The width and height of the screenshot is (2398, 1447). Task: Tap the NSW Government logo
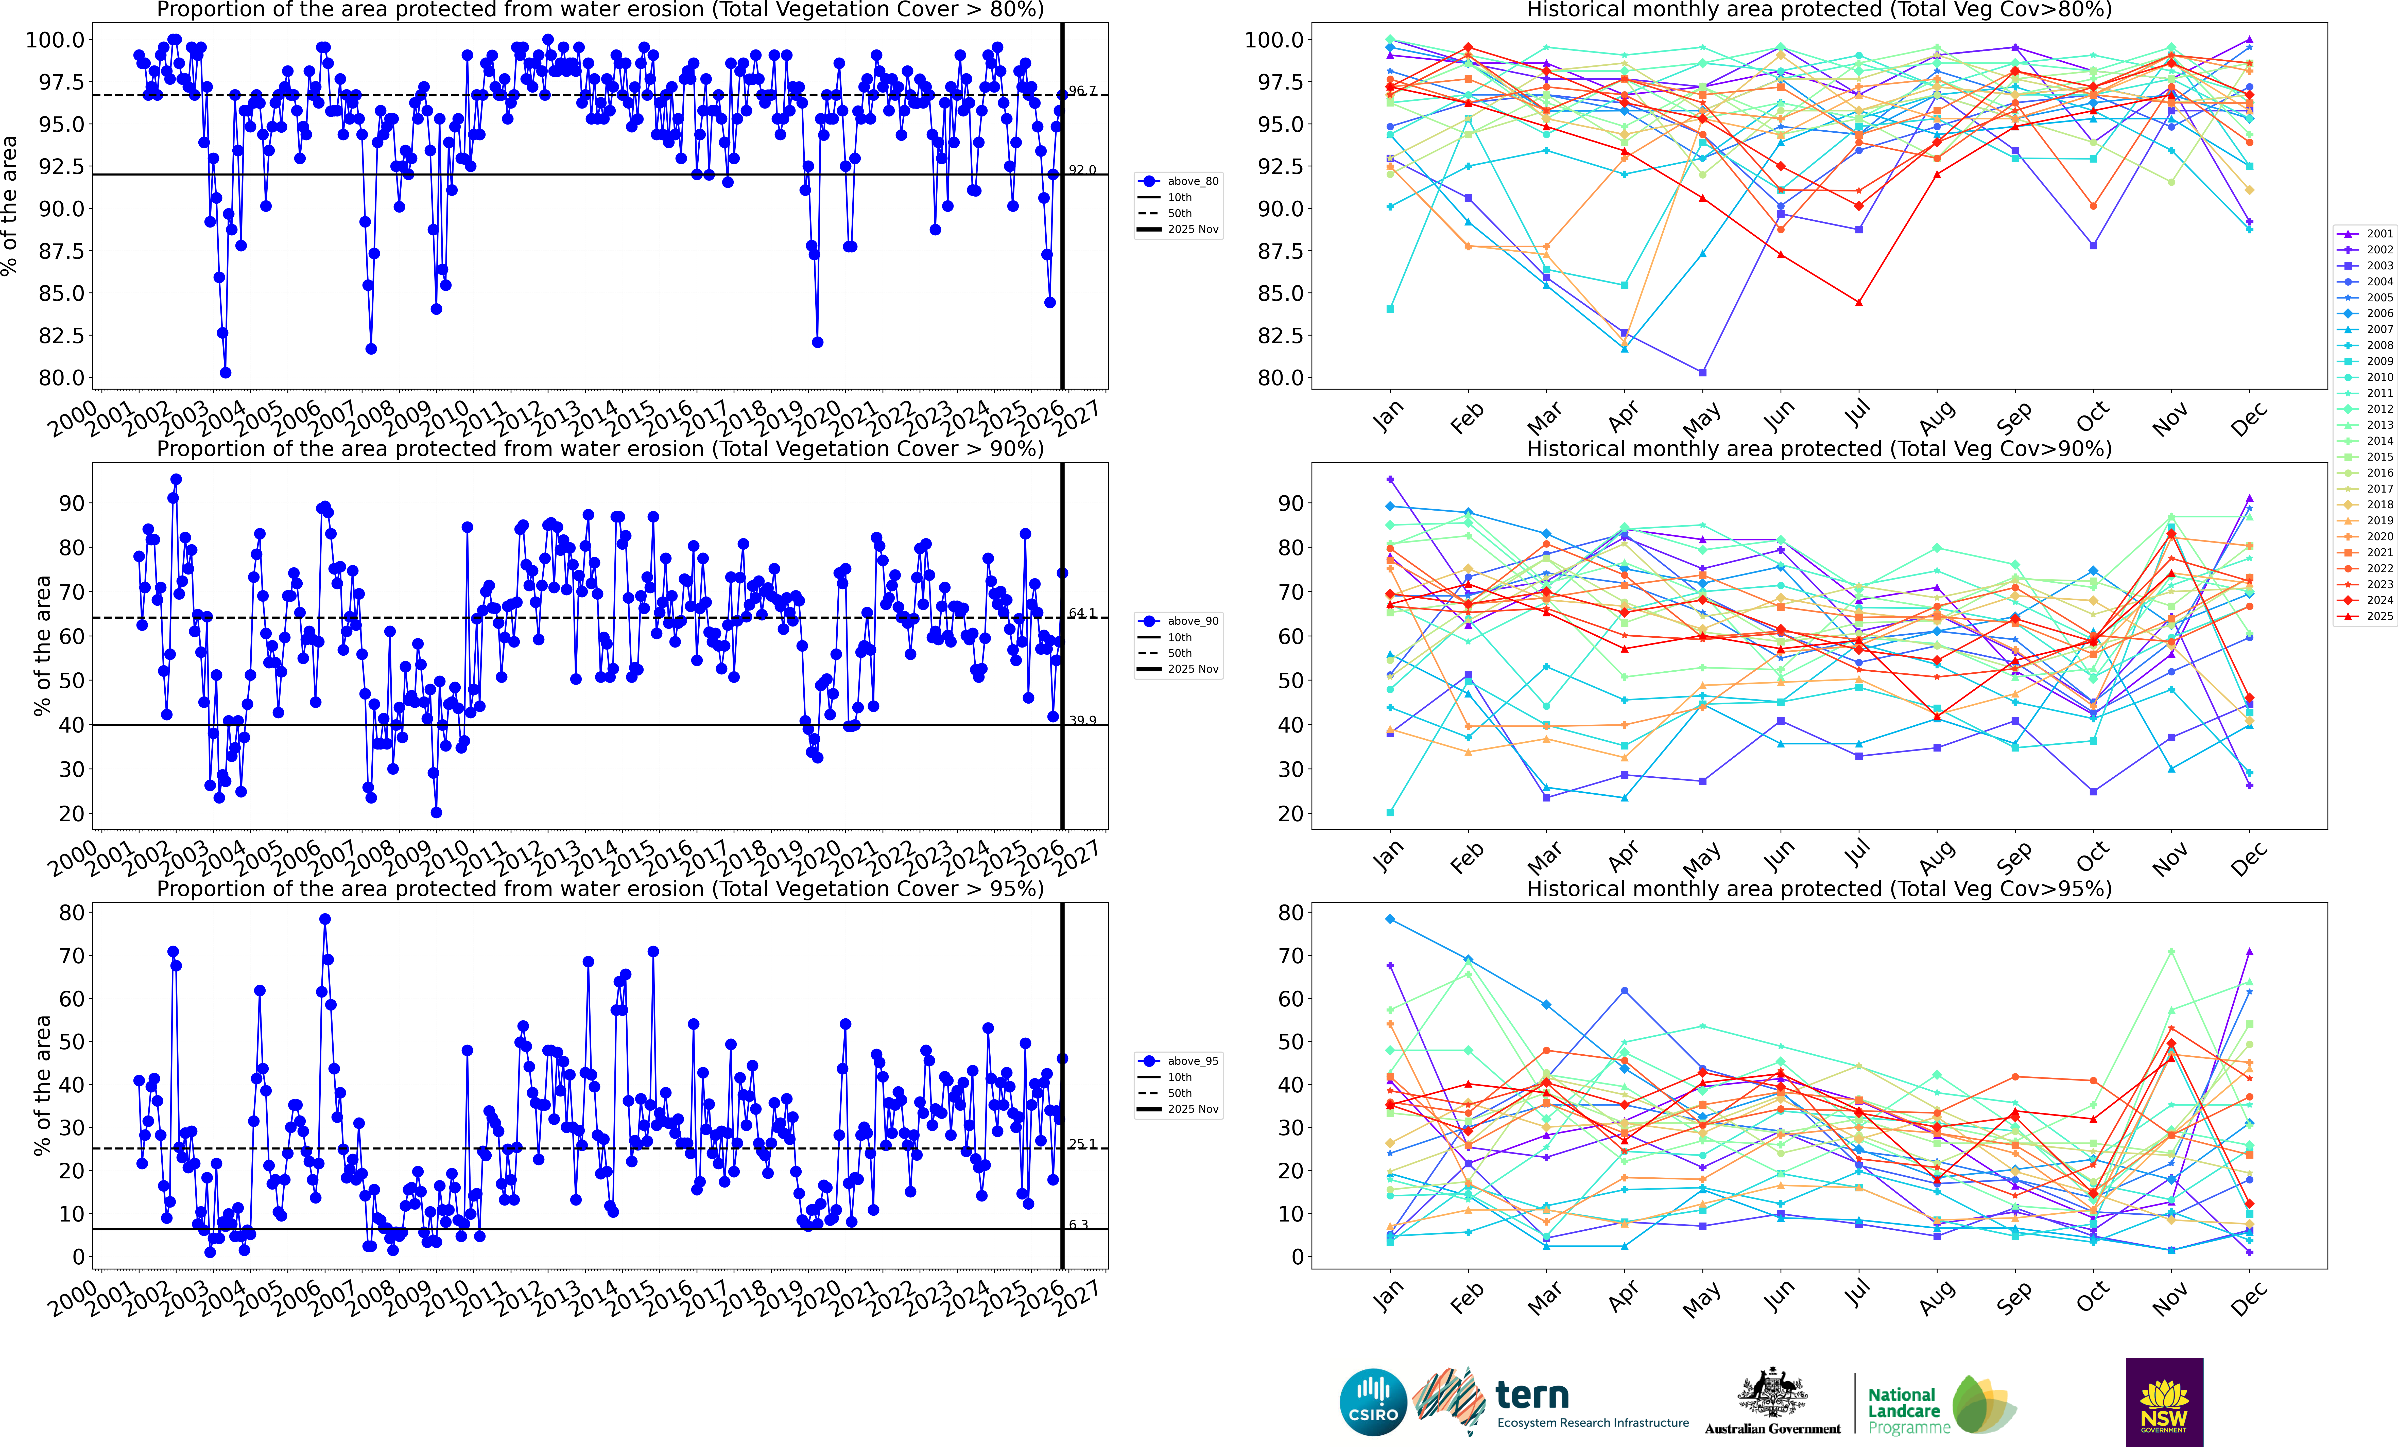click(x=2163, y=1402)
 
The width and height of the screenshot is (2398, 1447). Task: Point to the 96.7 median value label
click(x=1082, y=91)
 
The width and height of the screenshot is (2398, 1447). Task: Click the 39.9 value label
click(x=1082, y=720)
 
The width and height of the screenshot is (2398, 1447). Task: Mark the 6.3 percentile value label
click(x=1078, y=1224)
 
